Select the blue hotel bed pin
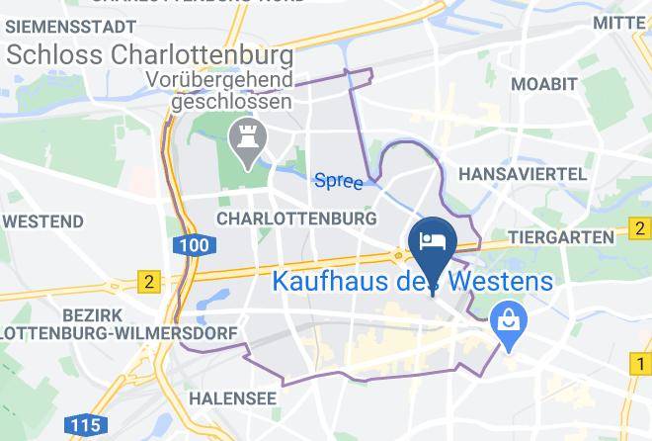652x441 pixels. click(431, 242)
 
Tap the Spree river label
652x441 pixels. click(338, 180)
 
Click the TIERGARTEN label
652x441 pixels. click(561, 238)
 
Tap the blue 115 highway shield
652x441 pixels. click(87, 426)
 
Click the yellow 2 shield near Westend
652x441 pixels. click(148, 281)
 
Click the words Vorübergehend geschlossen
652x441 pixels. click(230, 90)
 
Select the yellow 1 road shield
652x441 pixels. click(639, 366)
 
